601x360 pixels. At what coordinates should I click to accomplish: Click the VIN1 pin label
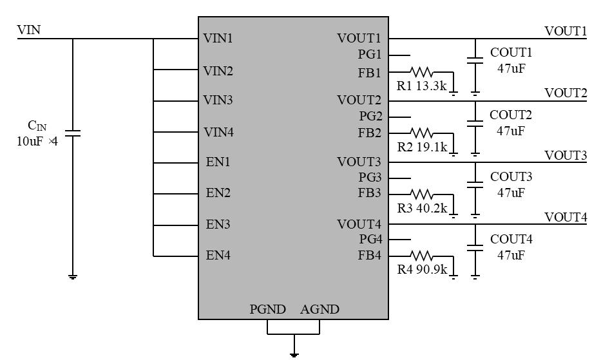(218, 38)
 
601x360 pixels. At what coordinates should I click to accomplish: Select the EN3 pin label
(218, 225)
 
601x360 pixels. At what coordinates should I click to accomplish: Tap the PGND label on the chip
(267, 310)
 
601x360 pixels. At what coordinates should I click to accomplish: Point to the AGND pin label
(320, 310)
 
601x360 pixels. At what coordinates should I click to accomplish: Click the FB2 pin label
(370, 133)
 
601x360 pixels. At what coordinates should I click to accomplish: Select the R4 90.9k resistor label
(422, 269)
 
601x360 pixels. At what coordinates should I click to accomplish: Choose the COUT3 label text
(511, 176)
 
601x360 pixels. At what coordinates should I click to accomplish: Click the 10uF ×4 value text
(37, 141)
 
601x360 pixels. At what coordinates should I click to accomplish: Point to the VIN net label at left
(29, 30)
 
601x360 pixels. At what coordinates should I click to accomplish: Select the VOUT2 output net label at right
(566, 93)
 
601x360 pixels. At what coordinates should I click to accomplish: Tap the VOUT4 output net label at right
(566, 218)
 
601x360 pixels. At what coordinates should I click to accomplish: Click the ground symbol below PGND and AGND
(294, 354)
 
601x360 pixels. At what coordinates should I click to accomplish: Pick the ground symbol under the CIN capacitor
(73, 277)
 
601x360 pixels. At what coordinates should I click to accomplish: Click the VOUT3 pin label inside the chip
(359, 162)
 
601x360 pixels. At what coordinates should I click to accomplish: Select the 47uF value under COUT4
(511, 255)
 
